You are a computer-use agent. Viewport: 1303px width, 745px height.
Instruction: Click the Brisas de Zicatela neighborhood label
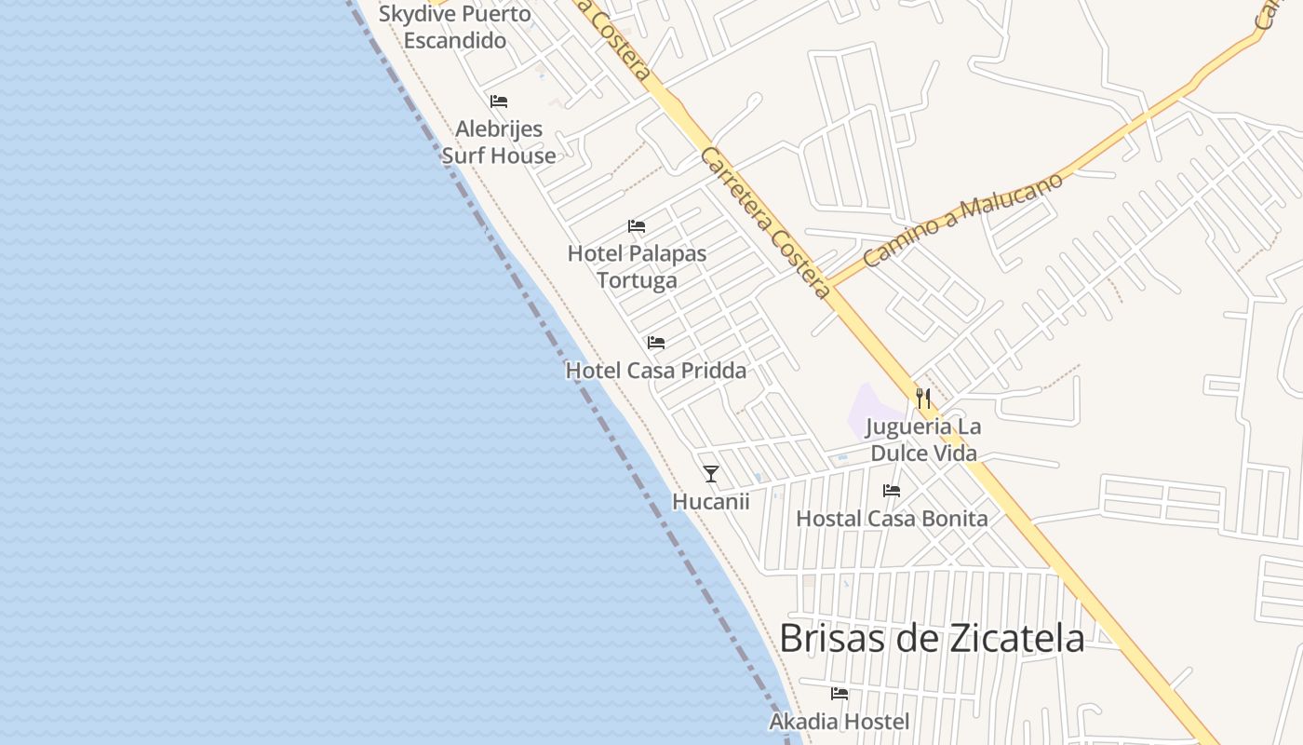tap(931, 639)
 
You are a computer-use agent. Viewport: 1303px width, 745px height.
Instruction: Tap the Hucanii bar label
tap(711, 501)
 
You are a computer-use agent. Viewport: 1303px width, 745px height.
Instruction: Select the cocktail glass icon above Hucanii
tap(711, 474)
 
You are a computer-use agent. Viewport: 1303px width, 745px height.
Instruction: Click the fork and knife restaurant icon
tap(923, 399)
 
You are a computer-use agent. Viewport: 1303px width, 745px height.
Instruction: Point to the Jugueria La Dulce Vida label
tap(923, 440)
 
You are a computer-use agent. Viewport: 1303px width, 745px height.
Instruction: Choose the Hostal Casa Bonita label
tap(892, 519)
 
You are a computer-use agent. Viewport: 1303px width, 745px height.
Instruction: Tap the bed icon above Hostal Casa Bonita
tap(892, 491)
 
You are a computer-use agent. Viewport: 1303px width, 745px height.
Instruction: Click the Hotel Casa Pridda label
tap(656, 371)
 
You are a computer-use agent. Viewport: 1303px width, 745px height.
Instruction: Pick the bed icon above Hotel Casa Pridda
tap(656, 343)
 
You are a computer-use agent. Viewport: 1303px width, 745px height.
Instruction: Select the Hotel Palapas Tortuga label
tap(638, 266)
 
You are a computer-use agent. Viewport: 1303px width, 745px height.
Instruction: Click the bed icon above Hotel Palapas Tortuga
tap(638, 226)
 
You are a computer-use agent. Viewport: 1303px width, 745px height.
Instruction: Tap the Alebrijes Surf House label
tap(499, 142)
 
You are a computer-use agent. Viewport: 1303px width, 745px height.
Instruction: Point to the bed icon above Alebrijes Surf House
tap(499, 102)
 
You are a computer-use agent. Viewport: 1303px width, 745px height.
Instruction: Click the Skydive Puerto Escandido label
tap(455, 27)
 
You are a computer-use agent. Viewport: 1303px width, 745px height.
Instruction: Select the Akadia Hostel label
tap(839, 722)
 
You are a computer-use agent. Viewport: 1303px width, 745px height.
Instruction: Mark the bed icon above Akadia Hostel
tap(840, 694)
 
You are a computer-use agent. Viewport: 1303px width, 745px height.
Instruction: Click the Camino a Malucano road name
tap(962, 220)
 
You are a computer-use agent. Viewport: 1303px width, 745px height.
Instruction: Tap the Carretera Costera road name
tap(765, 223)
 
